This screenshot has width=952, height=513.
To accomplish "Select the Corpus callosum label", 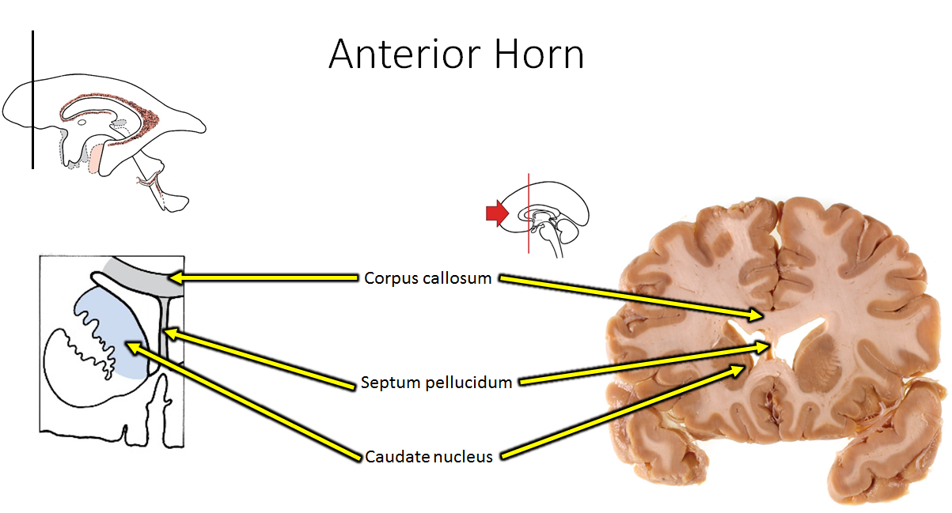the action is [428, 278].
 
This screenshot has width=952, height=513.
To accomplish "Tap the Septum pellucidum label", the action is [436, 383].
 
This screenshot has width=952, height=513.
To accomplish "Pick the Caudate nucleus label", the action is [429, 457].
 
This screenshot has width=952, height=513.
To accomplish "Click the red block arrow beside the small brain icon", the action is [496, 212].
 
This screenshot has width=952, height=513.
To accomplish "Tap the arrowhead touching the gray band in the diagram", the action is [176, 277].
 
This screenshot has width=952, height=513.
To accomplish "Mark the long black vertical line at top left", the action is [32, 99].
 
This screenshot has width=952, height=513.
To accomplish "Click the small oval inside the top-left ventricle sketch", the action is [82, 122].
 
